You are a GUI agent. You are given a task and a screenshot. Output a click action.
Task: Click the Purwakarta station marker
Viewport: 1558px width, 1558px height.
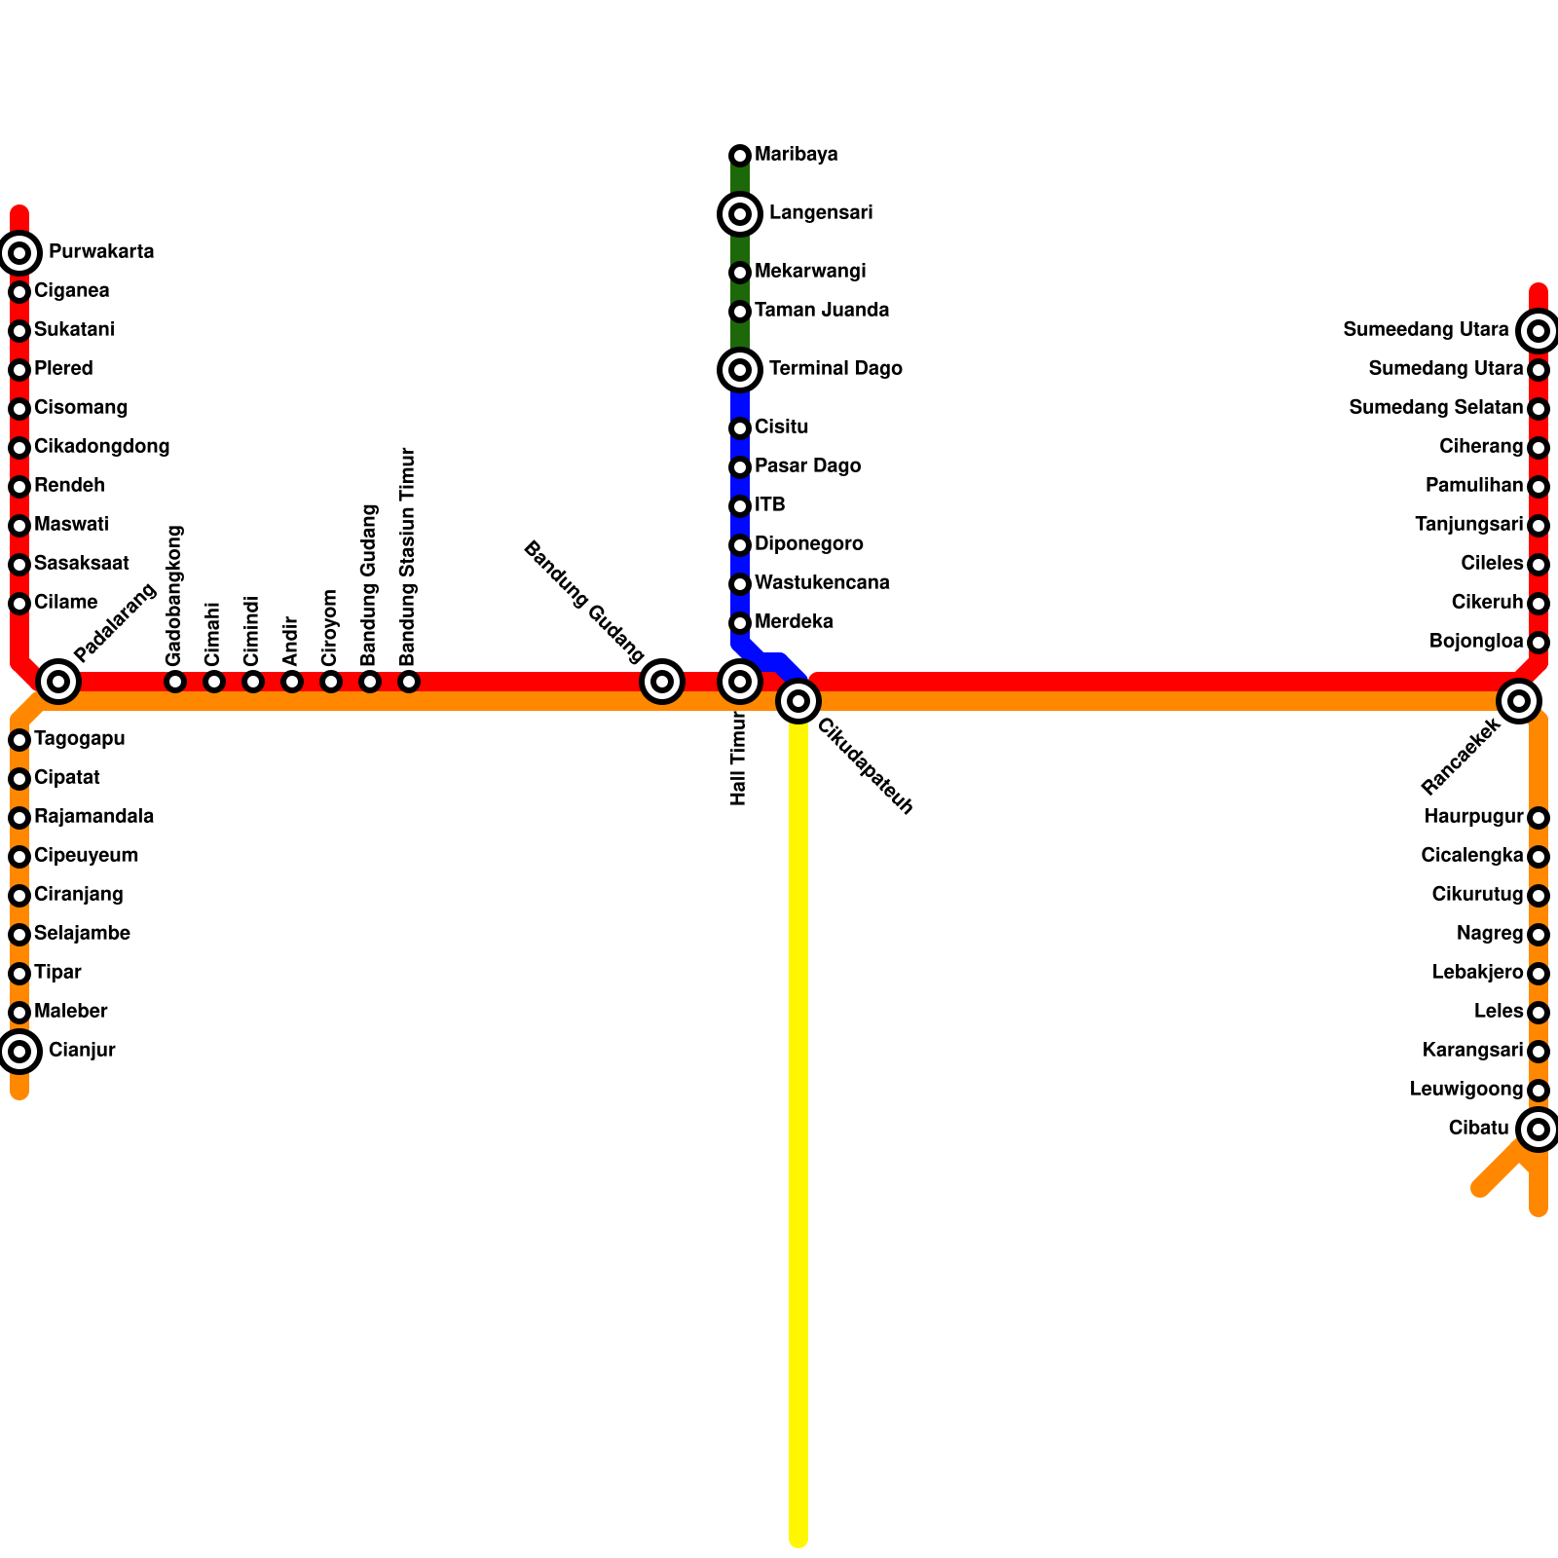[19, 253]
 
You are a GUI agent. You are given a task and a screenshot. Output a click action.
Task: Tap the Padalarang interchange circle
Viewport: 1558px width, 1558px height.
[58, 682]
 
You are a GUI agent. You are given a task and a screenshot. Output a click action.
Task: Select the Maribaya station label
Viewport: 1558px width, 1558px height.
[796, 155]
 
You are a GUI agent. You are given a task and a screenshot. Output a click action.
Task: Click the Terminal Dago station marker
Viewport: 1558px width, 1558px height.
[740, 370]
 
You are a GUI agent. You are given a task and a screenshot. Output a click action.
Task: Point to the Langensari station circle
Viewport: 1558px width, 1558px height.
[740, 214]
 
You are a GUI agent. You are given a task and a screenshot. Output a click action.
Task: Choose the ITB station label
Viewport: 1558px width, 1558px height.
[769, 505]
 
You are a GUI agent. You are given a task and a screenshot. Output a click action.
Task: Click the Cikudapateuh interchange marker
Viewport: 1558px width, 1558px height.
[798, 701]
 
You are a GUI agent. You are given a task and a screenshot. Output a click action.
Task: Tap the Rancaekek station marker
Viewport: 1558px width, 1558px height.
[1519, 701]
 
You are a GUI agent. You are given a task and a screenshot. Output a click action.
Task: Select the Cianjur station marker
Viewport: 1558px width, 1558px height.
[19, 1052]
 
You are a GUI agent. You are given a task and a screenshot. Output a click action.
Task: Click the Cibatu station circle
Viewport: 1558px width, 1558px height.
[1539, 1130]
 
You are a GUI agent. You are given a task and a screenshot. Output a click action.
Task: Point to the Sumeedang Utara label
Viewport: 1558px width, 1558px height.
[1426, 330]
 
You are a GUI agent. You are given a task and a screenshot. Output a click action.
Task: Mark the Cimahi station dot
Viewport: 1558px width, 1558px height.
[214, 682]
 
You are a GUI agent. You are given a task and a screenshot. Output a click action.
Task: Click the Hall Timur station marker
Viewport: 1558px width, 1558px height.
[740, 682]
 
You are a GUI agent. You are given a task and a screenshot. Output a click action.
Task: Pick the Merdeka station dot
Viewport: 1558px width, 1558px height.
[740, 623]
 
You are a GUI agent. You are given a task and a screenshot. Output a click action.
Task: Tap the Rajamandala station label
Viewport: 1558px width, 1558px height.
[93, 817]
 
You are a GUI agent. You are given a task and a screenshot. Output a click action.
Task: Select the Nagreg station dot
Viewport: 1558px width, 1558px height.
[1539, 935]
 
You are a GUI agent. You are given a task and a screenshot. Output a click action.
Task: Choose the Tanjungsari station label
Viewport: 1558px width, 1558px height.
[1468, 525]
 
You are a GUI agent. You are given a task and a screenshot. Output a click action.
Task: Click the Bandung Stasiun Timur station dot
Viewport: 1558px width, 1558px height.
[409, 682]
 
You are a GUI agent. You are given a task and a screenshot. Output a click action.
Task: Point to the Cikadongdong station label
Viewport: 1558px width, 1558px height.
[101, 447]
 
